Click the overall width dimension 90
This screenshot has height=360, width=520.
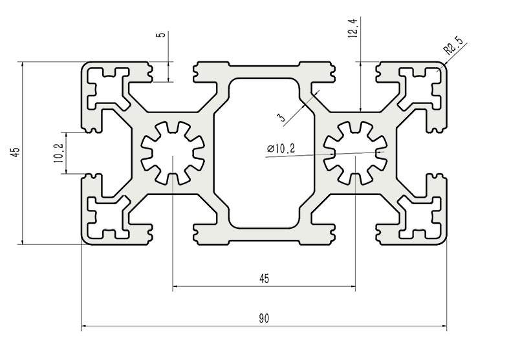(x=264, y=318)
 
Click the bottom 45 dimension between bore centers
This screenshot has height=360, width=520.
(x=264, y=279)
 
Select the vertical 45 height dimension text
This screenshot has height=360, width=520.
(x=15, y=153)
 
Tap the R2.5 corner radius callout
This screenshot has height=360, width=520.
(x=452, y=47)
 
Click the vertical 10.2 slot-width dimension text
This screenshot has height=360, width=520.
(x=58, y=153)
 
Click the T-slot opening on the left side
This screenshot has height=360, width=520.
(x=91, y=153)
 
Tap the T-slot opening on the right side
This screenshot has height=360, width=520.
(x=438, y=153)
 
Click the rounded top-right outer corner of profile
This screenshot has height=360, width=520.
(x=444, y=66)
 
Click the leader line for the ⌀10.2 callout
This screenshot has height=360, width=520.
(x=323, y=154)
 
